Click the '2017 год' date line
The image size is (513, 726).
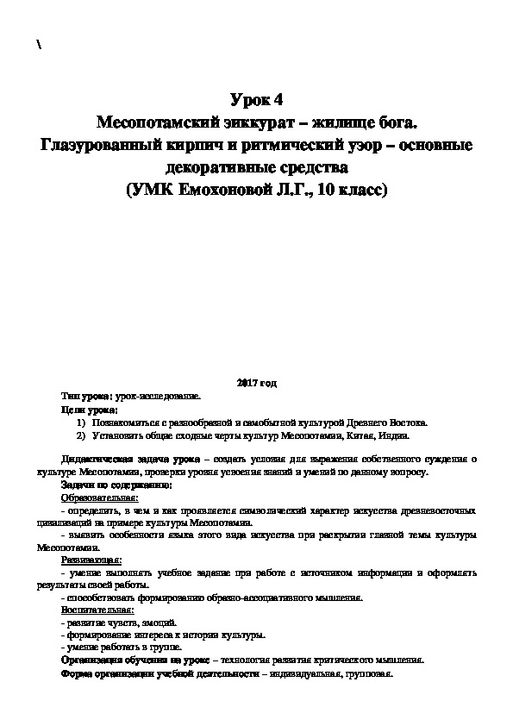pyautogui.click(x=256, y=381)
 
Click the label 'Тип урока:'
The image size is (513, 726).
pyautogui.click(x=83, y=396)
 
